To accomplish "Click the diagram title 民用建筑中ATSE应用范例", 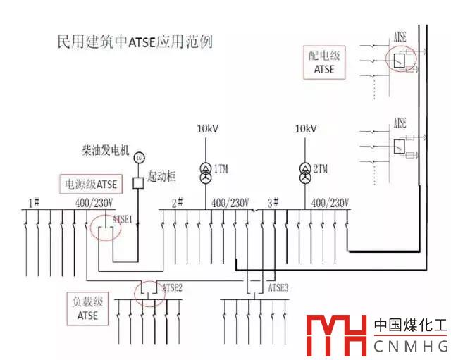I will coord(134,41).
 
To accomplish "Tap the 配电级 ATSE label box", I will coord(322,63).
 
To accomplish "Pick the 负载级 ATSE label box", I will coord(89,309).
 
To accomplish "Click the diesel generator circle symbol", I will coord(139,157).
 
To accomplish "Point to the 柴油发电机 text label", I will coord(106,150).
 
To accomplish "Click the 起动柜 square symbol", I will coord(139,183).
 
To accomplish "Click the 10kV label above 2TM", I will coord(306,130).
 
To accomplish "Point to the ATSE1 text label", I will coord(123,219).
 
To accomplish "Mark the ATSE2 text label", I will coord(173,287).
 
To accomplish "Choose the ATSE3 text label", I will coord(278,287).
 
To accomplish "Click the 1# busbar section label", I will coord(32,204).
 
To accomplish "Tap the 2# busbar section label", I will coord(178,203).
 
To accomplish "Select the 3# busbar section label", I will coord(273,203).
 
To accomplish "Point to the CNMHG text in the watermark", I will coord(411,347).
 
